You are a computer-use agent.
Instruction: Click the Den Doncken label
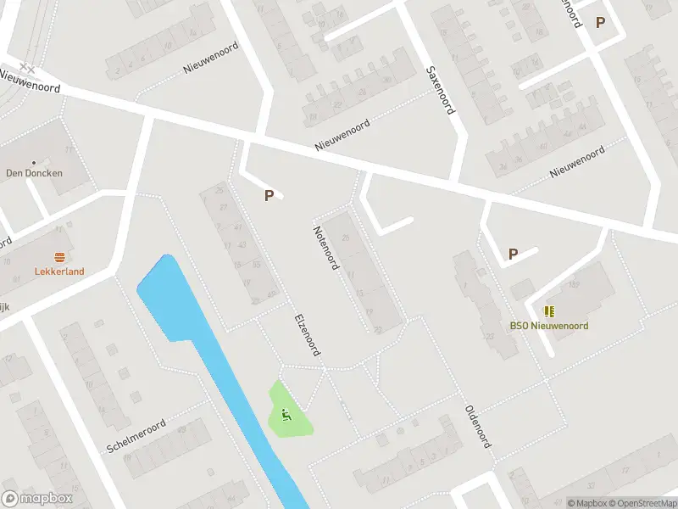(34, 173)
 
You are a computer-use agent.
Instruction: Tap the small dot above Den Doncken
(34, 161)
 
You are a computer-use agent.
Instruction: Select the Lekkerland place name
(59, 272)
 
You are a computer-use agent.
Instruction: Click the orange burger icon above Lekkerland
(59, 257)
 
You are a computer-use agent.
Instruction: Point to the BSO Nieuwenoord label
(548, 326)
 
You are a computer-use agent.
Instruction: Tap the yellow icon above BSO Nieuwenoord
(548, 311)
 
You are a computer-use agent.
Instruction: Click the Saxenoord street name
(440, 90)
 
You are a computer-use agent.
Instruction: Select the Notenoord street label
(325, 248)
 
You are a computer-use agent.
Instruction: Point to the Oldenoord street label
(478, 426)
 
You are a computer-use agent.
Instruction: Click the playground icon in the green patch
(286, 414)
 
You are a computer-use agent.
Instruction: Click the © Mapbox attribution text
(586, 503)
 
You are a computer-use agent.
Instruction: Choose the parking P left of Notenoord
(269, 196)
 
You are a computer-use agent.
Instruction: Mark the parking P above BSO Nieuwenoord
(513, 254)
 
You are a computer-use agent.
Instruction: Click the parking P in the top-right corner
(600, 23)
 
